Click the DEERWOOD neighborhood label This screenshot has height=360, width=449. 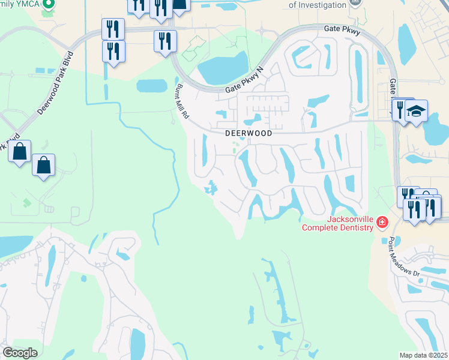(249, 133)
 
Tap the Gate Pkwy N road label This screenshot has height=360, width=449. (244, 81)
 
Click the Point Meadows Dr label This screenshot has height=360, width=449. (403, 257)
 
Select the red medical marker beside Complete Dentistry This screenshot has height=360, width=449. (382, 223)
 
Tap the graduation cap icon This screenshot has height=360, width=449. (416, 112)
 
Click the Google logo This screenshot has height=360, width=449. (20, 353)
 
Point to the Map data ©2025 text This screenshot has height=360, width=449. (423, 355)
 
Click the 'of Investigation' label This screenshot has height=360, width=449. (318, 5)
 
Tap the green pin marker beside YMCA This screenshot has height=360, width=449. (50, 4)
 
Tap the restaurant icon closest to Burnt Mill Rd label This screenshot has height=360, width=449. (164, 41)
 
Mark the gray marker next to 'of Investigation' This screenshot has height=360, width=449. (355, 4)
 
